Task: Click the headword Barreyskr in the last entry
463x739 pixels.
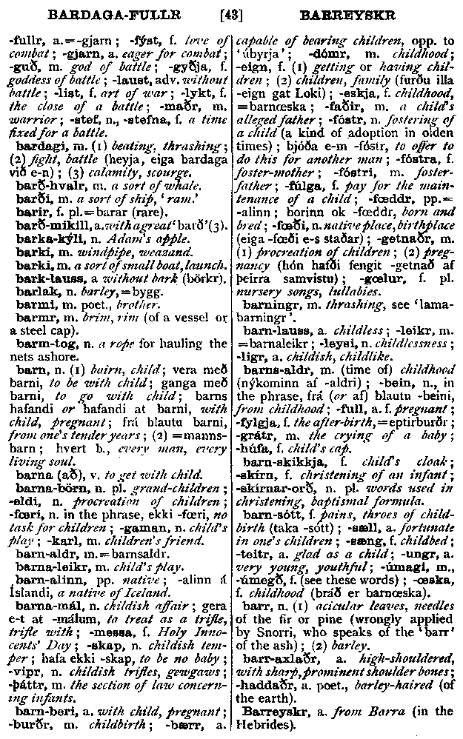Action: [x=278, y=712]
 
